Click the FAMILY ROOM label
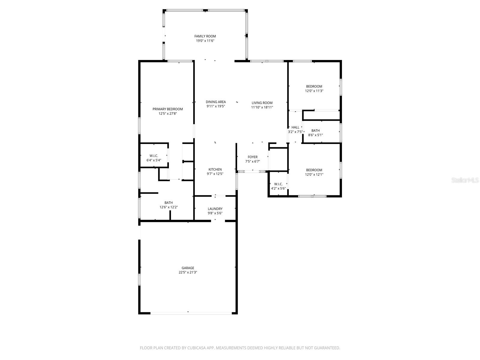coord(205,36)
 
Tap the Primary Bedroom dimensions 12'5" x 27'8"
coord(168,114)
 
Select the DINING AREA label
coord(216,102)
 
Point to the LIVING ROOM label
coord(262,103)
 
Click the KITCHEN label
coord(215,169)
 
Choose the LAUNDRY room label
coord(215,209)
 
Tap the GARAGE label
coord(188,268)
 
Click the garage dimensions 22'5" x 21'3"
coord(188,272)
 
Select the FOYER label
coord(253,157)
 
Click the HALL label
coord(295,127)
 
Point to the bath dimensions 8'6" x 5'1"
coord(316,135)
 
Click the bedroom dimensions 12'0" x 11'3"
coord(314,91)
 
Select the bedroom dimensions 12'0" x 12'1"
coord(314,174)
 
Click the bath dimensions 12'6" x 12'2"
coord(169,207)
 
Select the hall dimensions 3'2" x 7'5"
coord(295,132)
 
